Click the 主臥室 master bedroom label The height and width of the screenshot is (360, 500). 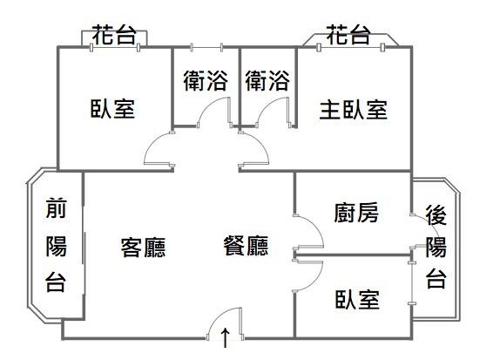coord(354,110)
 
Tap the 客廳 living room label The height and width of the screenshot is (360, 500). coord(143,247)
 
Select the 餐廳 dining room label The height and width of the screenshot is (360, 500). coord(246,246)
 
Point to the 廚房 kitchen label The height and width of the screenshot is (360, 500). coord(356,213)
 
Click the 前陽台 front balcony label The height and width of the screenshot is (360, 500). coord(56,245)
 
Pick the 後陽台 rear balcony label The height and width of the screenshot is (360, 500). coord(436,247)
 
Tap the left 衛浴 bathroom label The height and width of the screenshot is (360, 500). coord(206,80)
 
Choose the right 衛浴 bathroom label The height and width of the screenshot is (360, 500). coord(267,80)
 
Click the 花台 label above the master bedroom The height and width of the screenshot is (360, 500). coord(348,35)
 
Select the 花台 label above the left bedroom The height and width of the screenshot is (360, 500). coord(114,35)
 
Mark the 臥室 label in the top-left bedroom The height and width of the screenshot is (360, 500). coord(112,108)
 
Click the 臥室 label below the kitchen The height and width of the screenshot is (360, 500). coord(357,299)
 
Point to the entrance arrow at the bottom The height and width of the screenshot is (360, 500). coord(226,337)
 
